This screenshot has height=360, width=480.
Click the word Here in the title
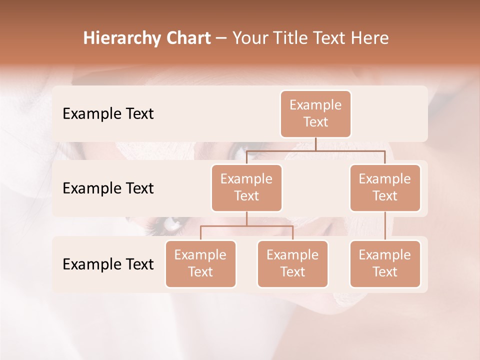[x=368, y=38]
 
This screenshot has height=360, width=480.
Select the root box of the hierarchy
[x=315, y=113]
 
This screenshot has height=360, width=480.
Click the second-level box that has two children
[x=246, y=187]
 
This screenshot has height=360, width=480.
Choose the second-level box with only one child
[x=385, y=187]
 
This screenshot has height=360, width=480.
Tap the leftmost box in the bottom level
[x=200, y=263]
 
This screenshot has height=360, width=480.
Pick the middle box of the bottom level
[x=292, y=263]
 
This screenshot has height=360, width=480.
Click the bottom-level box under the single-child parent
[x=385, y=263]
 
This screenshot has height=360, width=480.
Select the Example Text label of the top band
[x=108, y=114]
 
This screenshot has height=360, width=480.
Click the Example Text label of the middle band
[x=108, y=188]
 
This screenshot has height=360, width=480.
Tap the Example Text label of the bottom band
[x=108, y=264]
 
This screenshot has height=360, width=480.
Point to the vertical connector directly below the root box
[x=315, y=144]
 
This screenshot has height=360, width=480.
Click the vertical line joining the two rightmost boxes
[x=385, y=226]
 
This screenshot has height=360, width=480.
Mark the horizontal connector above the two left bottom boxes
[x=246, y=226]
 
